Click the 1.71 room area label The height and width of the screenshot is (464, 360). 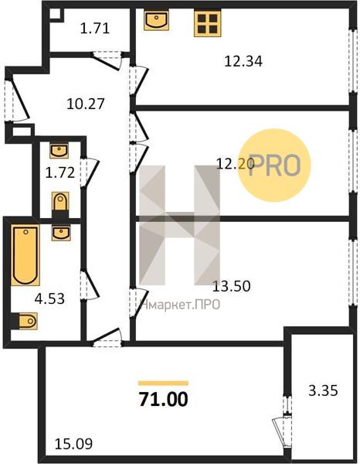click(x=95, y=29)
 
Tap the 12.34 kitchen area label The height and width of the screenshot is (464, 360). click(x=243, y=62)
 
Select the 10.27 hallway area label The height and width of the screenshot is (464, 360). click(x=86, y=104)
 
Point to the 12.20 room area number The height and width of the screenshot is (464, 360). click(x=236, y=163)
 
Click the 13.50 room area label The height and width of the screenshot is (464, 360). click(x=232, y=286)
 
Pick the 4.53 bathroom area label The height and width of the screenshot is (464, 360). click(x=49, y=299)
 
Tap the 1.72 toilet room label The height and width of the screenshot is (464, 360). click(x=60, y=172)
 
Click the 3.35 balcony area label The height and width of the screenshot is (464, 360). click(x=323, y=391)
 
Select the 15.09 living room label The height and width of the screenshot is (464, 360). click(x=74, y=444)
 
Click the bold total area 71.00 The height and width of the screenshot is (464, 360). click(x=164, y=399)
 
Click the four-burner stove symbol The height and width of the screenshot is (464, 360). click(x=208, y=24)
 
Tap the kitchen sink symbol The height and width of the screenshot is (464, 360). click(x=156, y=19)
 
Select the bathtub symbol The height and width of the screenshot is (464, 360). click(x=25, y=255)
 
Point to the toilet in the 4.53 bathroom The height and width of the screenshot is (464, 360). click(x=25, y=321)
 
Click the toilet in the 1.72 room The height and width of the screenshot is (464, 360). click(x=60, y=205)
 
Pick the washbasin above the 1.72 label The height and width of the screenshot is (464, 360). click(x=59, y=150)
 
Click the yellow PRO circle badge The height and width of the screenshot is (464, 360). click(x=274, y=165)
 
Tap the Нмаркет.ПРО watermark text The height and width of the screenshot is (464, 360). click(x=180, y=305)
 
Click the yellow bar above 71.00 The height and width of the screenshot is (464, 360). click(x=164, y=384)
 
